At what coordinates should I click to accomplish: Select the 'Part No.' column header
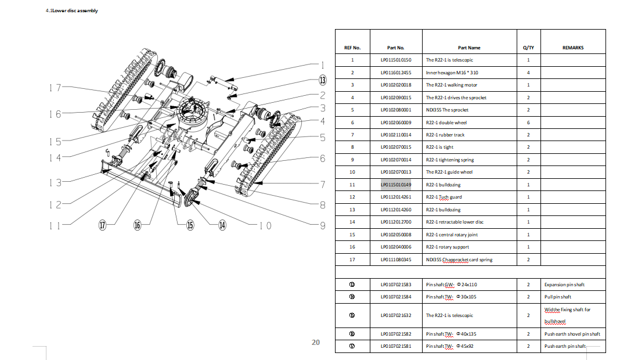click(395, 48)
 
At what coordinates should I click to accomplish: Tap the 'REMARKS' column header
click(573, 48)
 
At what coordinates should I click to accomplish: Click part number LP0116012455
click(396, 73)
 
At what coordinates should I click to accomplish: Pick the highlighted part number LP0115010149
click(396, 185)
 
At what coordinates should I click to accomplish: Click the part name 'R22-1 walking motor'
click(451, 85)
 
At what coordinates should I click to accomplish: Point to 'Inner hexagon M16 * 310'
click(452, 73)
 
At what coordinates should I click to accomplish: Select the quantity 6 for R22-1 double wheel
click(528, 123)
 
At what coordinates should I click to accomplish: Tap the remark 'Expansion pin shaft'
click(564, 285)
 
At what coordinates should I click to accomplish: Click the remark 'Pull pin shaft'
click(557, 297)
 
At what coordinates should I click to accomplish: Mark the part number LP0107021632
click(396, 315)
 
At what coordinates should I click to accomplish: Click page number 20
click(316, 343)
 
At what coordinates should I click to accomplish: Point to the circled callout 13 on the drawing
click(322, 80)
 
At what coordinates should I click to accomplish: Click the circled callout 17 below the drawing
click(103, 226)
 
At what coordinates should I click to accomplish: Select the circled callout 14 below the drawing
click(222, 226)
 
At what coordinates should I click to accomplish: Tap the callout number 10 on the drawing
click(265, 226)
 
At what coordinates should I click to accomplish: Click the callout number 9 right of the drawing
click(323, 226)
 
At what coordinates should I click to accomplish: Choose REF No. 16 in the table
click(352, 247)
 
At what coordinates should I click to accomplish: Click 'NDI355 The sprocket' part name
click(447, 110)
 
